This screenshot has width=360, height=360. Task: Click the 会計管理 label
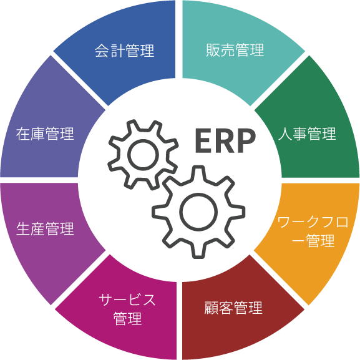tap(124, 51)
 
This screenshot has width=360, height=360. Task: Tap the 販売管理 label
tap(235, 50)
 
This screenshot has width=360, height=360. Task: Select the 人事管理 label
tap(307, 134)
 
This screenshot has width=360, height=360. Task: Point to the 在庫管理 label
tap(45, 134)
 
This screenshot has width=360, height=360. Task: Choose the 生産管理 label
tap(45, 229)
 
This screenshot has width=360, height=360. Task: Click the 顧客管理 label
tap(233, 308)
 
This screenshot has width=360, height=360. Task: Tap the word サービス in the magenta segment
tap(127, 299)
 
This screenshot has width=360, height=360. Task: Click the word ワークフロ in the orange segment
tap(313, 222)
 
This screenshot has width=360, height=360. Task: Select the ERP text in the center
tap(225, 140)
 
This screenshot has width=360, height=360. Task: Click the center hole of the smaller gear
tap(144, 155)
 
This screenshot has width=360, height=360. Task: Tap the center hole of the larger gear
tap(198, 212)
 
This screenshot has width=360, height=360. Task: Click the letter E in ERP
tap(203, 140)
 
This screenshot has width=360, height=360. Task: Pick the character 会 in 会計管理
tap(102, 51)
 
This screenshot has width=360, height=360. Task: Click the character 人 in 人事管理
tap(285, 134)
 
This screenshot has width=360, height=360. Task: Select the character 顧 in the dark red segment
tap(212, 308)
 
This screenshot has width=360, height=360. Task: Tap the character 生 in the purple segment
tap(23, 229)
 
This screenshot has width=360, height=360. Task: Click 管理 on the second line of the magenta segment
tap(128, 318)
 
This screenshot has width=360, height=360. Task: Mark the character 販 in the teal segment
tap(213, 50)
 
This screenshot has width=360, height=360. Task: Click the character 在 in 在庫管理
tap(23, 134)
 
